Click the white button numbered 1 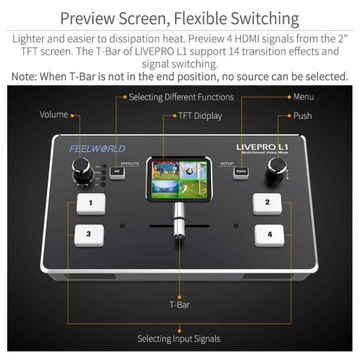92,203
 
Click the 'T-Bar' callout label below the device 181,300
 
